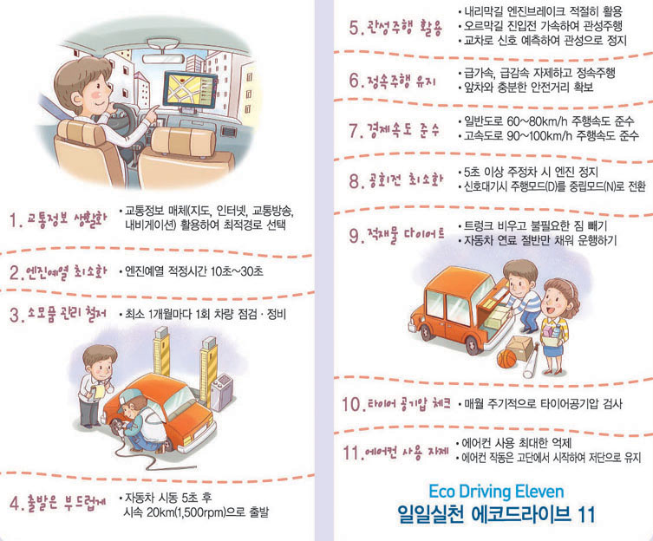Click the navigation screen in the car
(x=191, y=89)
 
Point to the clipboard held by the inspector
(x=100, y=391)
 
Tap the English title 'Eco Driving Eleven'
(x=496, y=492)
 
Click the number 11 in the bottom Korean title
(x=586, y=515)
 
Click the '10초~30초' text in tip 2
(x=237, y=272)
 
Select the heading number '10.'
(x=352, y=404)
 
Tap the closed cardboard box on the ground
(x=519, y=348)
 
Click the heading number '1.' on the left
(x=16, y=220)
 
